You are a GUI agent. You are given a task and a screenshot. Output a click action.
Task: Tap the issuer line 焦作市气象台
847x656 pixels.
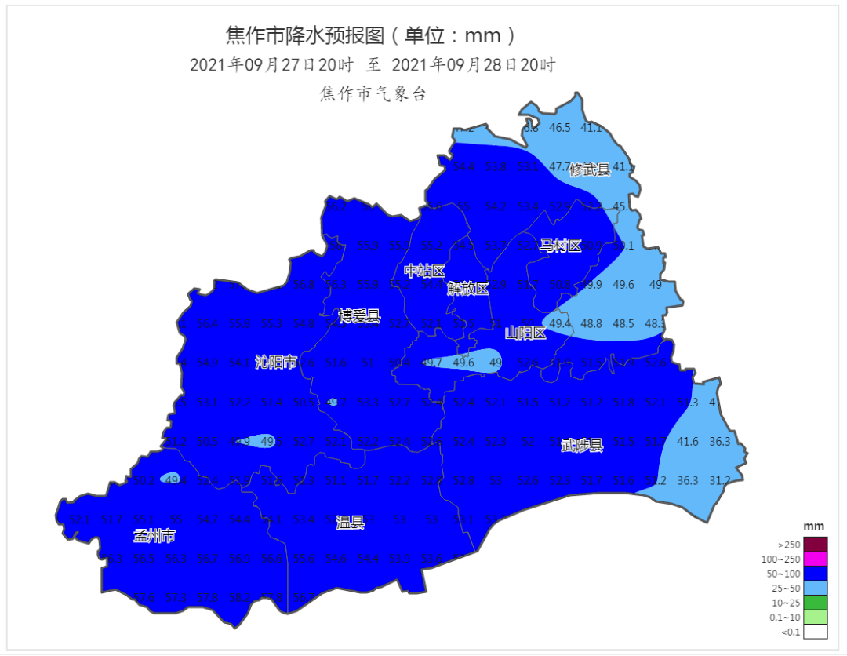373,94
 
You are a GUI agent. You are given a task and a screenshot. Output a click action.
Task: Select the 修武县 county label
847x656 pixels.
590,169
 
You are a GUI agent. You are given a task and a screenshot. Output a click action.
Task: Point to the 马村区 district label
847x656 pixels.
561,246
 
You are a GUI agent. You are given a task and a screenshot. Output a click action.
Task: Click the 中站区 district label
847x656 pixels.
424,272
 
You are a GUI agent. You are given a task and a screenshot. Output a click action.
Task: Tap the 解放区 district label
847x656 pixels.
468,289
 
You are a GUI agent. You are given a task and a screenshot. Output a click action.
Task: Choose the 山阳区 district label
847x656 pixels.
525,333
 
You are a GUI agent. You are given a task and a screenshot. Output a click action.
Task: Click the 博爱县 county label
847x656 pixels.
359,316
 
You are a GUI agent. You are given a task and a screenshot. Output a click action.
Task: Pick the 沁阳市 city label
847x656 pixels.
276,362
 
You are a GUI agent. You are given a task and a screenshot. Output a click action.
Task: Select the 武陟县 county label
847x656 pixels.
582,446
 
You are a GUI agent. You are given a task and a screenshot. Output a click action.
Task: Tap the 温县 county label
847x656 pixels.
350,522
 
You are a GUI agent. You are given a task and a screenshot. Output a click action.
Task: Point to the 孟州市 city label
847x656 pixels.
154,537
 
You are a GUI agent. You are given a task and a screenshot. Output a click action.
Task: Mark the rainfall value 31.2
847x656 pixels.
720,480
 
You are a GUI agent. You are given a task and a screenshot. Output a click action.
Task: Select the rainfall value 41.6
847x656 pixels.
687,442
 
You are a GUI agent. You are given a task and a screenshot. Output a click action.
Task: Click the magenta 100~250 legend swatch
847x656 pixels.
816,559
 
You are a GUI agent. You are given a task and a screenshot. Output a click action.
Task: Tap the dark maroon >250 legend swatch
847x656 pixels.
816,544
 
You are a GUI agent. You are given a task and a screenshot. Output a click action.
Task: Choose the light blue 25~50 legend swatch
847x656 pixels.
816,588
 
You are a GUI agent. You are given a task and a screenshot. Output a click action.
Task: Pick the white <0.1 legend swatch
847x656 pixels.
816,632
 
